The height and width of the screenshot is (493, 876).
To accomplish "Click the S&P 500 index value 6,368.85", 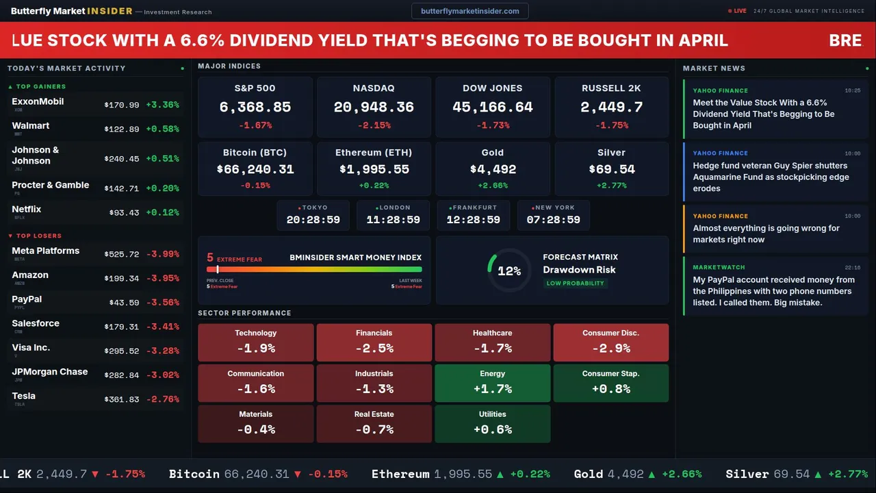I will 255,108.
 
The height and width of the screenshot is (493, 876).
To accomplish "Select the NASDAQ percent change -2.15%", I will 374,125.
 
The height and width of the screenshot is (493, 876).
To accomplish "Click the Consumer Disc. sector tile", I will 610,342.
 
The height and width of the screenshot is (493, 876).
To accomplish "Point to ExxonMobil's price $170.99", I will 122,105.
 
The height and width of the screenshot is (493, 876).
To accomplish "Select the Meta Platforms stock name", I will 45,251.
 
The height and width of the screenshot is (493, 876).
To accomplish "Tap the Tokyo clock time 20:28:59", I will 313,220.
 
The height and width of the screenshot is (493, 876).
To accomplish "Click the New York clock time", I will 553,220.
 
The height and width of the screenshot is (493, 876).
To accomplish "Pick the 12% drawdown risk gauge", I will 509,271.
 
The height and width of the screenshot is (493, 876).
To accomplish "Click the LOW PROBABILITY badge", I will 575,283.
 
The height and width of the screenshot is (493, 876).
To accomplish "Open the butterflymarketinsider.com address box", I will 469,11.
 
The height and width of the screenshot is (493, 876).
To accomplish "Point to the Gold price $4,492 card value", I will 493,169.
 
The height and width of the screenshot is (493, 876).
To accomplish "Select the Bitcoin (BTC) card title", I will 255,153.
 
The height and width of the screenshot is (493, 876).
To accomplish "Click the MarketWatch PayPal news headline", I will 773,291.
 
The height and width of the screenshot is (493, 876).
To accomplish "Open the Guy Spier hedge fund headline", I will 770,177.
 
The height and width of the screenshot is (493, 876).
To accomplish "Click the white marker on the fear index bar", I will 218,270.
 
